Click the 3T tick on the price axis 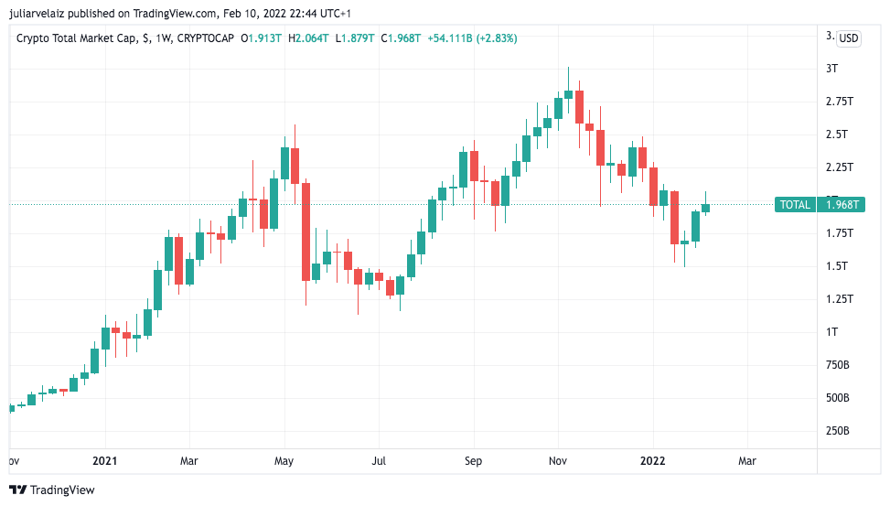pyautogui.click(x=831, y=69)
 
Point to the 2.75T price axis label pyautogui.click(x=839, y=102)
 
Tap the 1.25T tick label pyautogui.click(x=839, y=298)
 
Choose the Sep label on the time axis pyautogui.click(x=473, y=461)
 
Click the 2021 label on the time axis pyautogui.click(x=105, y=461)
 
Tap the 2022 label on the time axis pyautogui.click(x=652, y=461)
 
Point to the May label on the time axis pyautogui.click(x=284, y=461)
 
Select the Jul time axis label pyautogui.click(x=379, y=461)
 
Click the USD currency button pyautogui.click(x=849, y=38)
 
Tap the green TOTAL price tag pyautogui.click(x=795, y=205)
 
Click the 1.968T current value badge pyautogui.click(x=841, y=205)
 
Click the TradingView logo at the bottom pyautogui.click(x=52, y=490)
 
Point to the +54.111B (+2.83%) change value pyautogui.click(x=474, y=38)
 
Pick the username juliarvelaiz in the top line pyautogui.click(x=36, y=14)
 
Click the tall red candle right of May pyautogui.click(x=306, y=231)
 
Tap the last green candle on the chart pyautogui.click(x=706, y=208)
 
